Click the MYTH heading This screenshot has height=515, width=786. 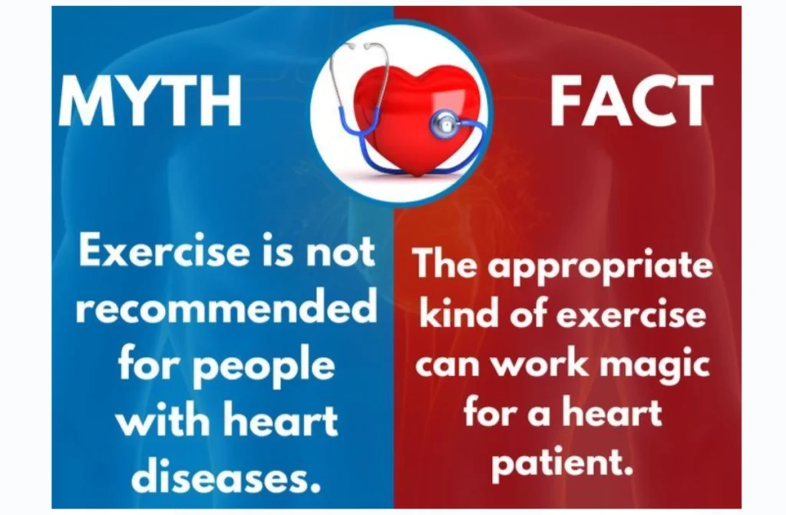click(150, 101)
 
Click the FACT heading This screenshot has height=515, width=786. click(631, 101)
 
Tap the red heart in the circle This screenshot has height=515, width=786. click(416, 120)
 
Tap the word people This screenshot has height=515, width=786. click(264, 367)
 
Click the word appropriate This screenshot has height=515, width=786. click(600, 266)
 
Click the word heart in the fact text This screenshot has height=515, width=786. click(612, 413)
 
